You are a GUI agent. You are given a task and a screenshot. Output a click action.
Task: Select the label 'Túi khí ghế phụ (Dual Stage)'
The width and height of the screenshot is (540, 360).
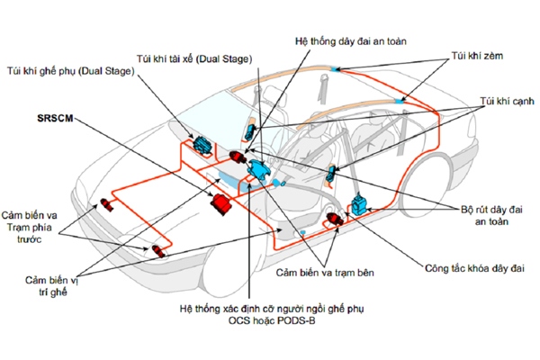[70, 69]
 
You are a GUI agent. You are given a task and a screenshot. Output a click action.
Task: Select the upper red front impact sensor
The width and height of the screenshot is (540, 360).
[107, 202]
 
